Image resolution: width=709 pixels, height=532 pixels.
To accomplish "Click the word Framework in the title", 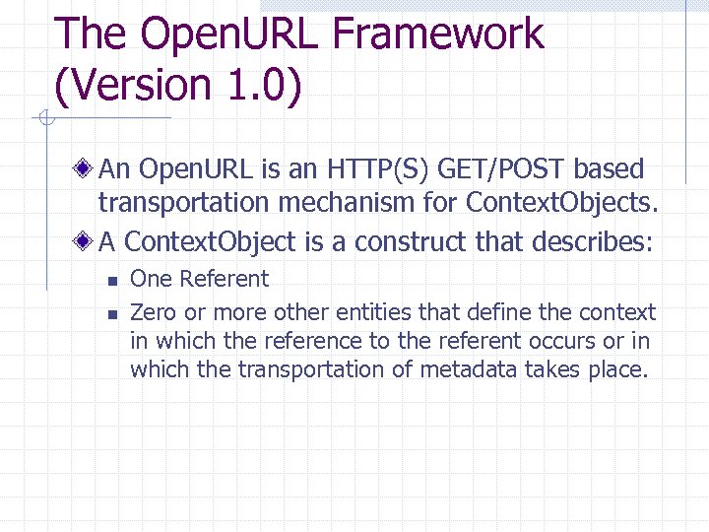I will click(438, 33).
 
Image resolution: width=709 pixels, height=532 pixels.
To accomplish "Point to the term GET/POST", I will click(505, 169).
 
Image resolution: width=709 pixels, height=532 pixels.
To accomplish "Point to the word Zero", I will click(152, 312).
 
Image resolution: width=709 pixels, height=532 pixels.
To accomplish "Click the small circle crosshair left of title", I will click(43, 119).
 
